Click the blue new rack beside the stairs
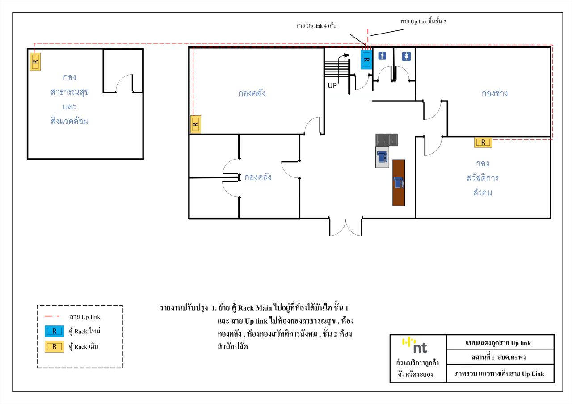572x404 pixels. [366, 59]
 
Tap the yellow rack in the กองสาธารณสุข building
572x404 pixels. [35, 62]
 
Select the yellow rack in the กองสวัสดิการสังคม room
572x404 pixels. [483, 143]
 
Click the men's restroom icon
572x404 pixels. [382, 56]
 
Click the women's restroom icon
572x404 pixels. [406, 56]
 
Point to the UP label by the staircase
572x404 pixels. [332, 85]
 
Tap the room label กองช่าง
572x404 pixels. [495, 93]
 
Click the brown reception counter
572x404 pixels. [399, 183]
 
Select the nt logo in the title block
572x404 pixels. [415, 345]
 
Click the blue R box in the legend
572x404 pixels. [55, 331]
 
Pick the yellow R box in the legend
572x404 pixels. [55, 346]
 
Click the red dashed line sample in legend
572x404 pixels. [52, 316]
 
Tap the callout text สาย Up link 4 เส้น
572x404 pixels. [316, 26]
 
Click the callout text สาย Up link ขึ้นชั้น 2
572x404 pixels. [423, 21]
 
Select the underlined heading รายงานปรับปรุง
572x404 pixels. [184, 308]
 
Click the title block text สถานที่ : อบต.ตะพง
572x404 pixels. [498, 357]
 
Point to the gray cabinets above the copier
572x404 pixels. [387, 140]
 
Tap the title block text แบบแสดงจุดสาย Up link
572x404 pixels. [498, 343]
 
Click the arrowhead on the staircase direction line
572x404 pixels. [347, 55]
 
